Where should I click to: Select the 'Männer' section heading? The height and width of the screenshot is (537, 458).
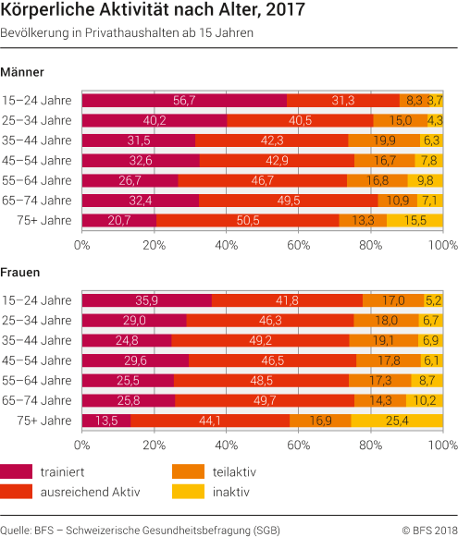pyautogui.click(x=23, y=71)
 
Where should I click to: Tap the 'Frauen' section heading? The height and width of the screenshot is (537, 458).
pyautogui.click(x=22, y=274)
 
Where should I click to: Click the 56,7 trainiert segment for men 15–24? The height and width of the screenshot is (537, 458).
pyautogui.click(x=184, y=100)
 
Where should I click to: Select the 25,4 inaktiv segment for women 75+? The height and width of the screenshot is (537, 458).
pyautogui.click(x=397, y=421)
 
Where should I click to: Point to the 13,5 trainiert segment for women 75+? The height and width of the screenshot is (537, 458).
pyautogui.click(x=106, y=421)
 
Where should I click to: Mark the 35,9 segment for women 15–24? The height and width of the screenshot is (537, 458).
pyautogui.click(x=147, y=300)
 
